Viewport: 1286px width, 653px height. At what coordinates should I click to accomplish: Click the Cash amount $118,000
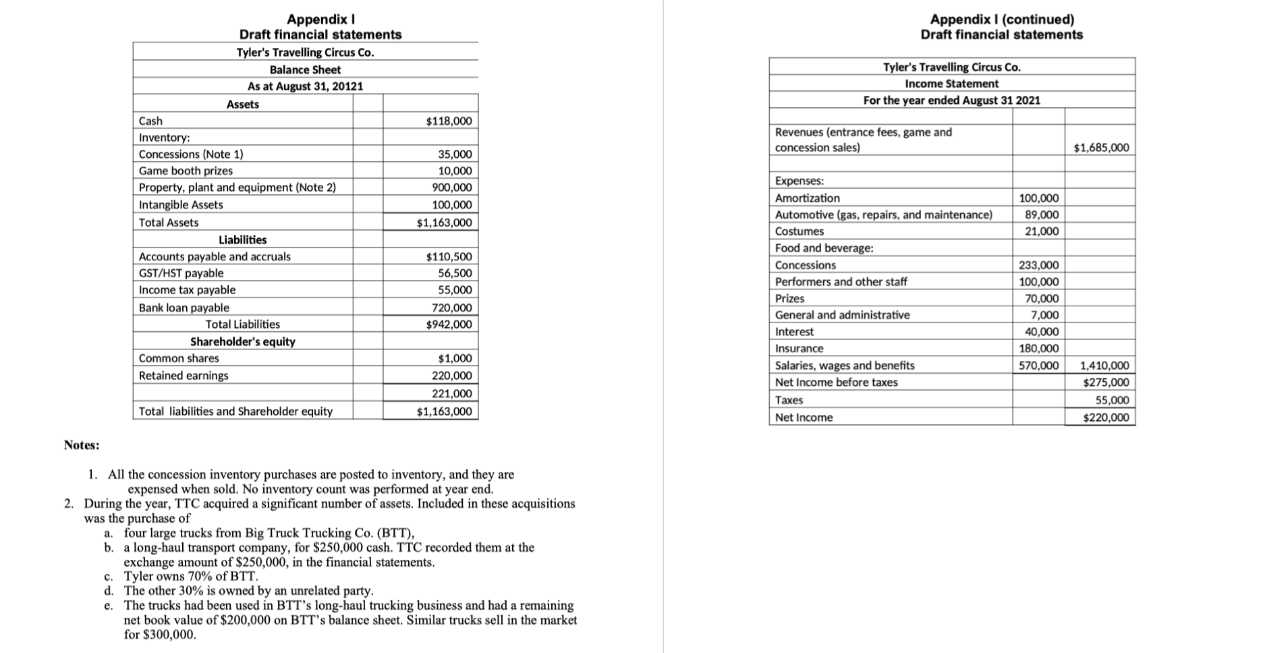(x=449, y=121)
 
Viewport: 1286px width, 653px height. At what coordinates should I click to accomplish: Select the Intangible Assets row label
(x=181, y=205)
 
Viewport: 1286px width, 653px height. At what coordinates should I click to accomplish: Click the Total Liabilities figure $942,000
(x=449, y=324)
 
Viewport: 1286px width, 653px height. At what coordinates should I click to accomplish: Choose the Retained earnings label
(x=184, y=376)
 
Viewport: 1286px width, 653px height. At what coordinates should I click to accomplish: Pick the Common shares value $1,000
(x=455, y=358)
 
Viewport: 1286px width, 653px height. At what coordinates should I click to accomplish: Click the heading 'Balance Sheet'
(x=305, y=69)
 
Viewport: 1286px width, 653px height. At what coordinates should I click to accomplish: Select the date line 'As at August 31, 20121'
(x=305, y=86)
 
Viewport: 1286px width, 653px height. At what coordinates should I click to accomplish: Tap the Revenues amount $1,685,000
(x=1101, y=148)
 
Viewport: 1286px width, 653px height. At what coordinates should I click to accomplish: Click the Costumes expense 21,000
(x=1042, y=231)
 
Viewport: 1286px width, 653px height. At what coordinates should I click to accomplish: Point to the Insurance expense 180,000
(x=1038, y=349)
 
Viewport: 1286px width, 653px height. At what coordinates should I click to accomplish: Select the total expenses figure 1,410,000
(x=1104, y=366)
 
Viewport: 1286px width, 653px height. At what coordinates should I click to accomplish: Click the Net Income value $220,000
(x=1105, y=418)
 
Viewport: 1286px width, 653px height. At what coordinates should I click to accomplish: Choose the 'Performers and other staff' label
(x=841, y=282)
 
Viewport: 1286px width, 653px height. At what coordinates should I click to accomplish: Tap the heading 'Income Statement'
(x=951, y=84)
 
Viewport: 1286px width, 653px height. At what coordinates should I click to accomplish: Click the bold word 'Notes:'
(x=82, y=445)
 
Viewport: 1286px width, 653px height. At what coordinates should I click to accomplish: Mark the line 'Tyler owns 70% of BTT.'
(x=191, y=577)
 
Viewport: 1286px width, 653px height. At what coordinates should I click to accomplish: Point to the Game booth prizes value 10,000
(x=455, y=171)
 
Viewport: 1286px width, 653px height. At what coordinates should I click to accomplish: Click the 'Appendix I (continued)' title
(x=1002, y=20)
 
